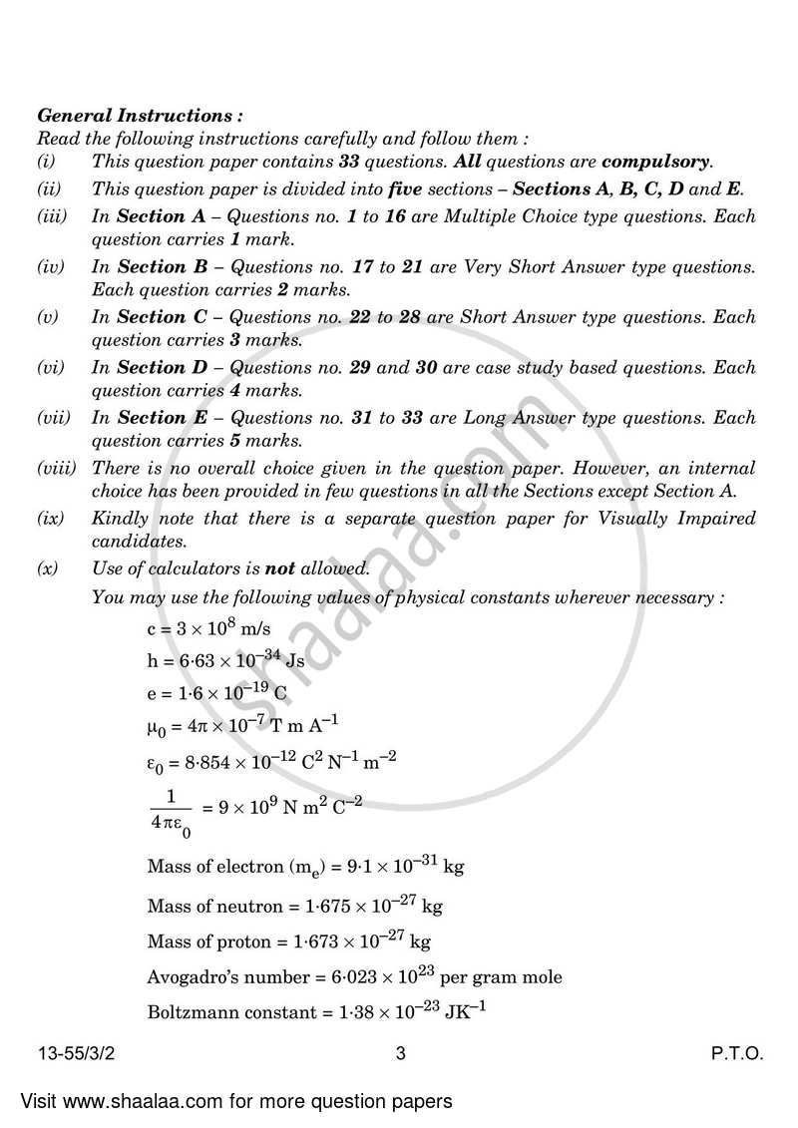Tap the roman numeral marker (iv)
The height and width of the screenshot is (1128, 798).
[x=51, y=267]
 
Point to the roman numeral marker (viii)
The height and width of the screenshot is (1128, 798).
[x=56, y=468]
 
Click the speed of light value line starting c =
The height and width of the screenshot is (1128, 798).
[x=208, y=628]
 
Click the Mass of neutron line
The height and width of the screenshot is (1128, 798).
[x=294, y=907]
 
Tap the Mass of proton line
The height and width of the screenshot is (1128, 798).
[x=288, y=941]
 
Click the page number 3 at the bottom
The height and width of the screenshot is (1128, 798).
[x=400, y=1054]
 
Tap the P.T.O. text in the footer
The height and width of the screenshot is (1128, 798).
[x=738, y=1054]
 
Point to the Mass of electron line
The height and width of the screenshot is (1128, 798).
[x=305, y=867]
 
